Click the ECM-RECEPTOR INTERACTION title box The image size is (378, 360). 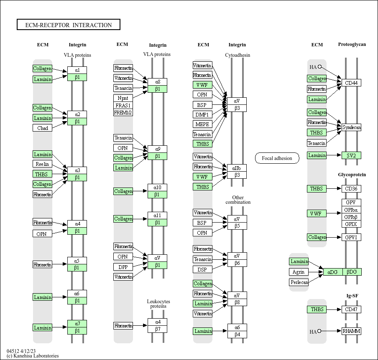[69, 25]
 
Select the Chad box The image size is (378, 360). [42, 128]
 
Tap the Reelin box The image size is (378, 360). [42, 164]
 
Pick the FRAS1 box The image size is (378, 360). [123, 105]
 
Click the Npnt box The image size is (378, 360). [123, 98]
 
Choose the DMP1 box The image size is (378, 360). [202, 114]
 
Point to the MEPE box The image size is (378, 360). [202, 124]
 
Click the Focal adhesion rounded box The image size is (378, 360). [277, 158]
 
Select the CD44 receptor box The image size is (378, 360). [351, 83]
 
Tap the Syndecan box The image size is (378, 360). [351, 127]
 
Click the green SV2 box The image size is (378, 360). [351, 155]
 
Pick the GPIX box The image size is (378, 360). [351, 224]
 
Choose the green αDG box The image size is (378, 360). [333, 272]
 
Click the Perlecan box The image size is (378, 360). [299, 282]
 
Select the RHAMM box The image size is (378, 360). [351, 331]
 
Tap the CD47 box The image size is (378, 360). [351, 309]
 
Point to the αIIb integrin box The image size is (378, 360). [237, 168]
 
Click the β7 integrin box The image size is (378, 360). [158, 329]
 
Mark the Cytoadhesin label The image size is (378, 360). [238, 55]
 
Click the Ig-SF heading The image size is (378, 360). [352, 296]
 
